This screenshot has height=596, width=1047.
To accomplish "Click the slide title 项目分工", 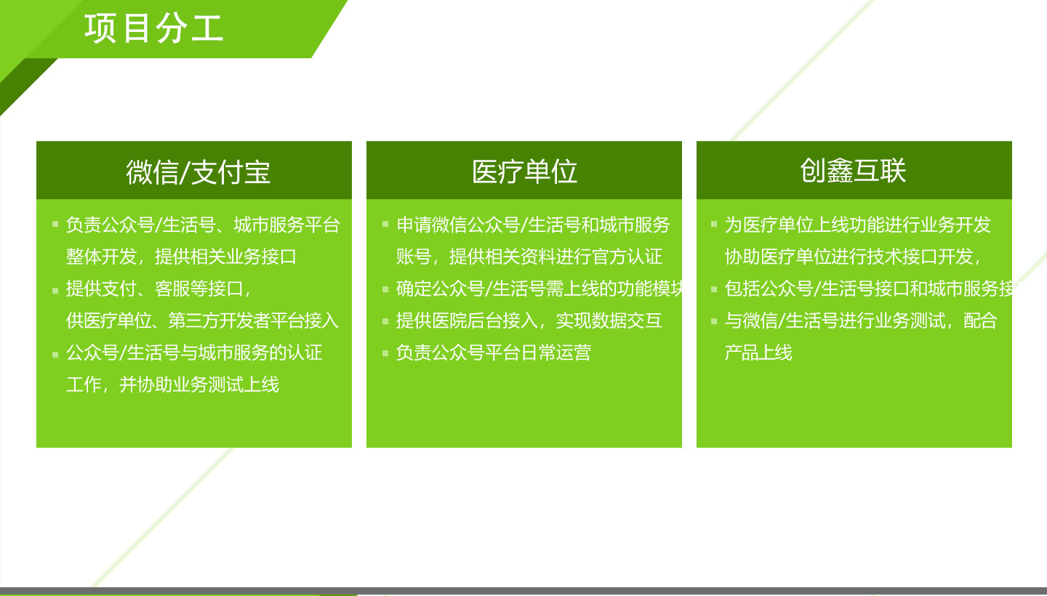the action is point(154,28).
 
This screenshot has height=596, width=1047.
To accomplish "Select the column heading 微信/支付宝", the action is point(198,172).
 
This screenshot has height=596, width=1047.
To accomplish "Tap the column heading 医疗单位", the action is point(524,171).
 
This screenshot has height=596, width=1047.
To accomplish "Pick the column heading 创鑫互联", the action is point(853,171).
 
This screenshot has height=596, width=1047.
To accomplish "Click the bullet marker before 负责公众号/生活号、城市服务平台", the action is point(55,224).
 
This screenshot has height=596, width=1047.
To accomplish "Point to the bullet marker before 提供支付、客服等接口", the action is point(55,291).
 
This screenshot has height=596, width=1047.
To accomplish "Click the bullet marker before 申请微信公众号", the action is point(385,224).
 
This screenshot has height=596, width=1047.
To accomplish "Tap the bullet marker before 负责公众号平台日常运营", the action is point(385,353).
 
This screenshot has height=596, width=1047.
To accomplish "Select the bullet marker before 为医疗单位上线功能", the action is point(714,224).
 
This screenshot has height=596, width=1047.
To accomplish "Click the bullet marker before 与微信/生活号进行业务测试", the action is point(714,321).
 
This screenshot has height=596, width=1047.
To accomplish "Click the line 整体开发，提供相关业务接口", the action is point(181,257).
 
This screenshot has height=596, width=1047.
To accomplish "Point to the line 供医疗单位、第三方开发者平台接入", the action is point(202,321).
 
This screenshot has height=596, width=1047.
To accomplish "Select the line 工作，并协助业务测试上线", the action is point(172,385).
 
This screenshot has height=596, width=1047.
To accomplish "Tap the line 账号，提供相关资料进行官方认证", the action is point(529,257).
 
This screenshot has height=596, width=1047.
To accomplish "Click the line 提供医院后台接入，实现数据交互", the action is point(529,321).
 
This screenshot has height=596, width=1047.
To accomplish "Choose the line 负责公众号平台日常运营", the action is point(494,353).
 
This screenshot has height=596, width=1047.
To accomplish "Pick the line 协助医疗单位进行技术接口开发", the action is point(853,257).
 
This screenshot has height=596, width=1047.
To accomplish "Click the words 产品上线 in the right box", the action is point(758,353).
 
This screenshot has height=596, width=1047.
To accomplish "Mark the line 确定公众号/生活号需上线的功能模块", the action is point(539,289).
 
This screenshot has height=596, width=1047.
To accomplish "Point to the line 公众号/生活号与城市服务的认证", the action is point(194,353).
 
